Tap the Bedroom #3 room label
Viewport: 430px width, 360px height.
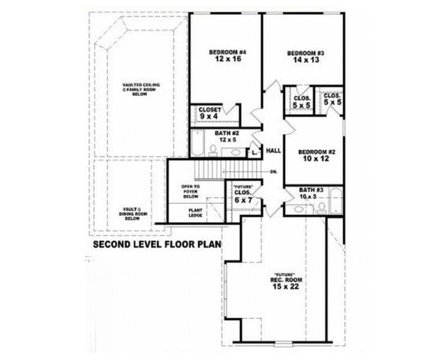pos(305,52)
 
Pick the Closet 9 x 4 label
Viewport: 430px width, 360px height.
pos(211,112)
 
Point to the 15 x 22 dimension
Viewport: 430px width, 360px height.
pos(286,286)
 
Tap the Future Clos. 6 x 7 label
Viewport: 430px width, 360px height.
pos(242,194)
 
